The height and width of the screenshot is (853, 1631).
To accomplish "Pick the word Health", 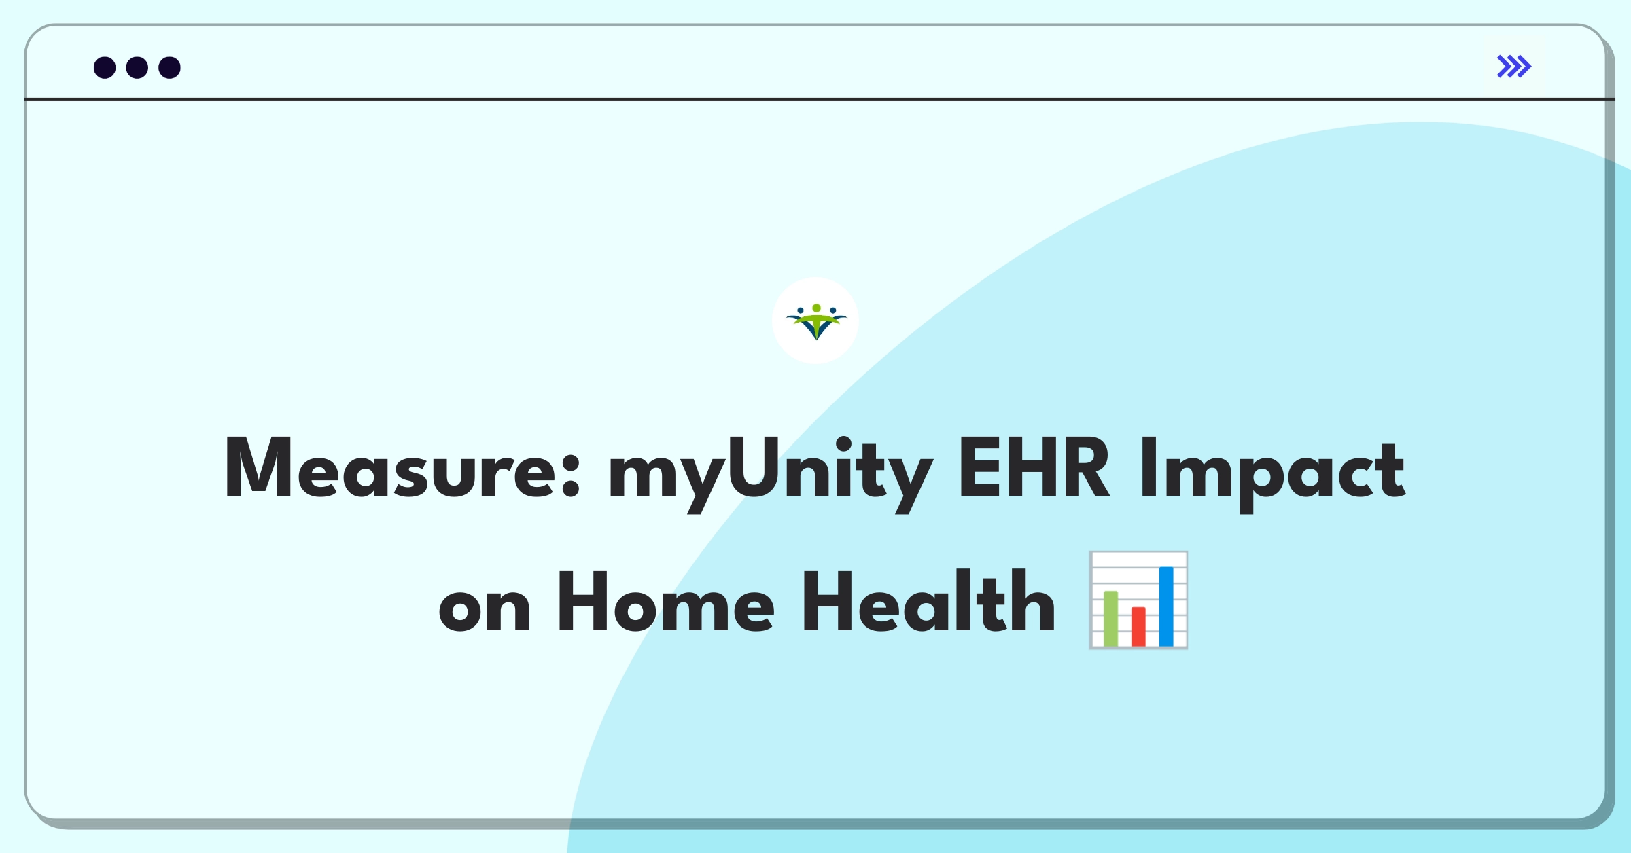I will coord(928,602).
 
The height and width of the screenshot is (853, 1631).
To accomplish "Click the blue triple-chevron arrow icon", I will coord(1513,67).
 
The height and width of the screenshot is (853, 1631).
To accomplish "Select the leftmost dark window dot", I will coord(105,68).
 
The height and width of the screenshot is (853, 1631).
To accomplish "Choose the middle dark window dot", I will coord(137,68).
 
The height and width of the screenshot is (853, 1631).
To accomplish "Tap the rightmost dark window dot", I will coord(169,68).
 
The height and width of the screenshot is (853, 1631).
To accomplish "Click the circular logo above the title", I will coord(815,321).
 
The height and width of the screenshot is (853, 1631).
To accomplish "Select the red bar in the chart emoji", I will coord(1138,626).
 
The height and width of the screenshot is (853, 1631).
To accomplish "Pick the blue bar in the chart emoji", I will coord(1166,606).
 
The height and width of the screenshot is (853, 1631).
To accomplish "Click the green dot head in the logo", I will coord(816,308).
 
